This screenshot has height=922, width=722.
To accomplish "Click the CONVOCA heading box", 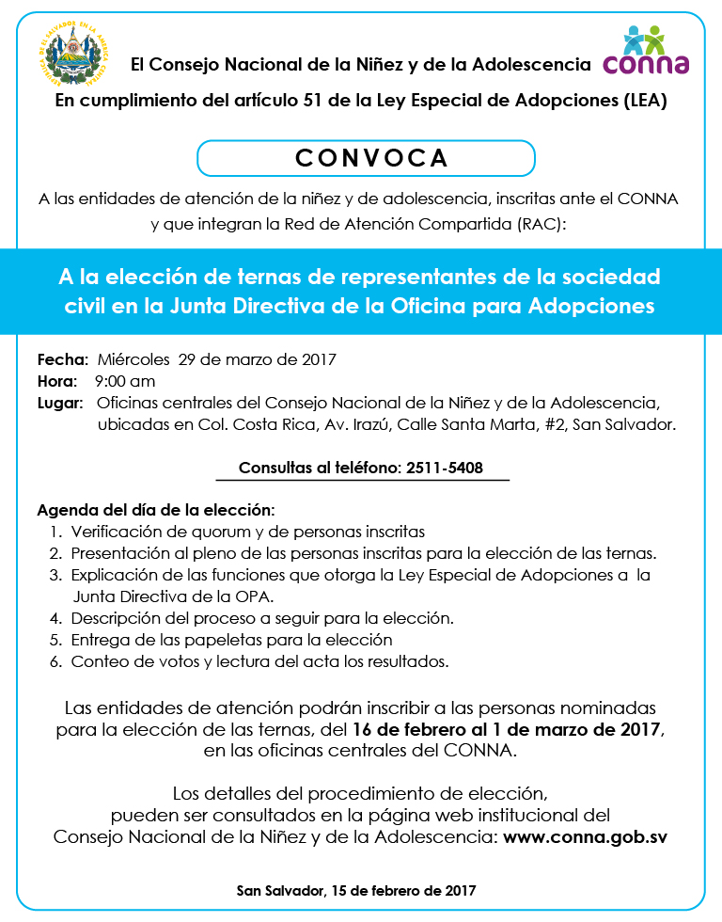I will coord(366,157).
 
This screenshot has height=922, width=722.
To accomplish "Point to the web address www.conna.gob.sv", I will coord(586,836).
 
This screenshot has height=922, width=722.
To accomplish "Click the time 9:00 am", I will coord(125,381).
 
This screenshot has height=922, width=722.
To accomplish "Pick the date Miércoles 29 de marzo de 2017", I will coord(217,359).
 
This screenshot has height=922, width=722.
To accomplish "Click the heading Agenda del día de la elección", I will coord(155,511).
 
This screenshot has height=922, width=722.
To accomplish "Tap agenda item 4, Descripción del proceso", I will coord(262,618).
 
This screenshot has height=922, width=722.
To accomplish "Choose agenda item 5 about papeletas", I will coord(231,640).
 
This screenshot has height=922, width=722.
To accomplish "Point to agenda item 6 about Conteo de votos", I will coord(259,661).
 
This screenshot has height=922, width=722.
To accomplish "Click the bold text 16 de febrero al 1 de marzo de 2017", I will coord(509,729).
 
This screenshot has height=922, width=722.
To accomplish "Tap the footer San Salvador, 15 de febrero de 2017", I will coord(356,890).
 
